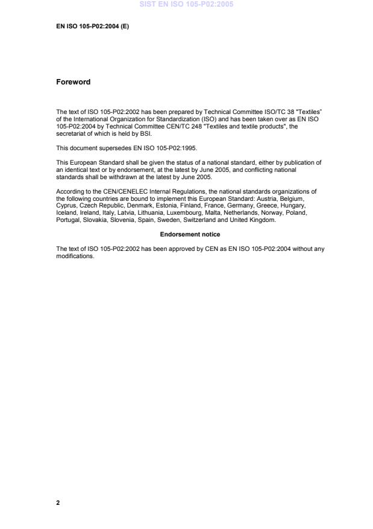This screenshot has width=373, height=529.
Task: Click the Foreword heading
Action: (x=73, y=82)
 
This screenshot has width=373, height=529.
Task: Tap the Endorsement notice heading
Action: (x=190, y=234)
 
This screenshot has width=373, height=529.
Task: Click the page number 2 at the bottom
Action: (x=58, y=502)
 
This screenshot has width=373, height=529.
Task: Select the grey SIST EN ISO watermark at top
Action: (x=187, y=5)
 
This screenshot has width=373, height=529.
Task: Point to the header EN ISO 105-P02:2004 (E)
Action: (x=92, y=27)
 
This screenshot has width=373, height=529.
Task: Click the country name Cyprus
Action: (x=67, y=205)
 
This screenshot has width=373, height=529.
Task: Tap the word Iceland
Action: (x=66, y=212)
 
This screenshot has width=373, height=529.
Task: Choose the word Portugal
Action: (x=68, y=220)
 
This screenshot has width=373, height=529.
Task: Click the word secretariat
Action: (x=71, y=135)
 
